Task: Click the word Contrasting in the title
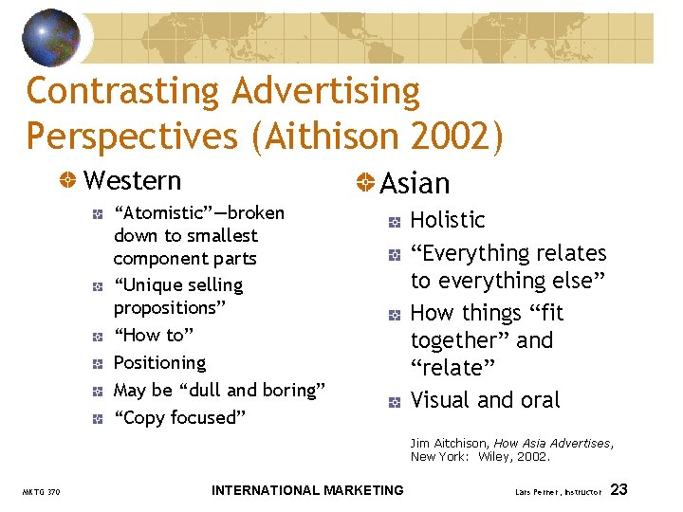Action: coord(120,92)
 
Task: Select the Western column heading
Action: coord(132,180)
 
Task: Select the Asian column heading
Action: coord(415,183)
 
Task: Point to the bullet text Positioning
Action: coord(159,362)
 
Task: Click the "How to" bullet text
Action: coord(153,335)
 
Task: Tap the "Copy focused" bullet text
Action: coord(179,417)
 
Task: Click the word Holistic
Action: coord(448,220)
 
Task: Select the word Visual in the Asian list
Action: coord(441,400)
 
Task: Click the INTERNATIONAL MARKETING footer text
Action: coord(307,490)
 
